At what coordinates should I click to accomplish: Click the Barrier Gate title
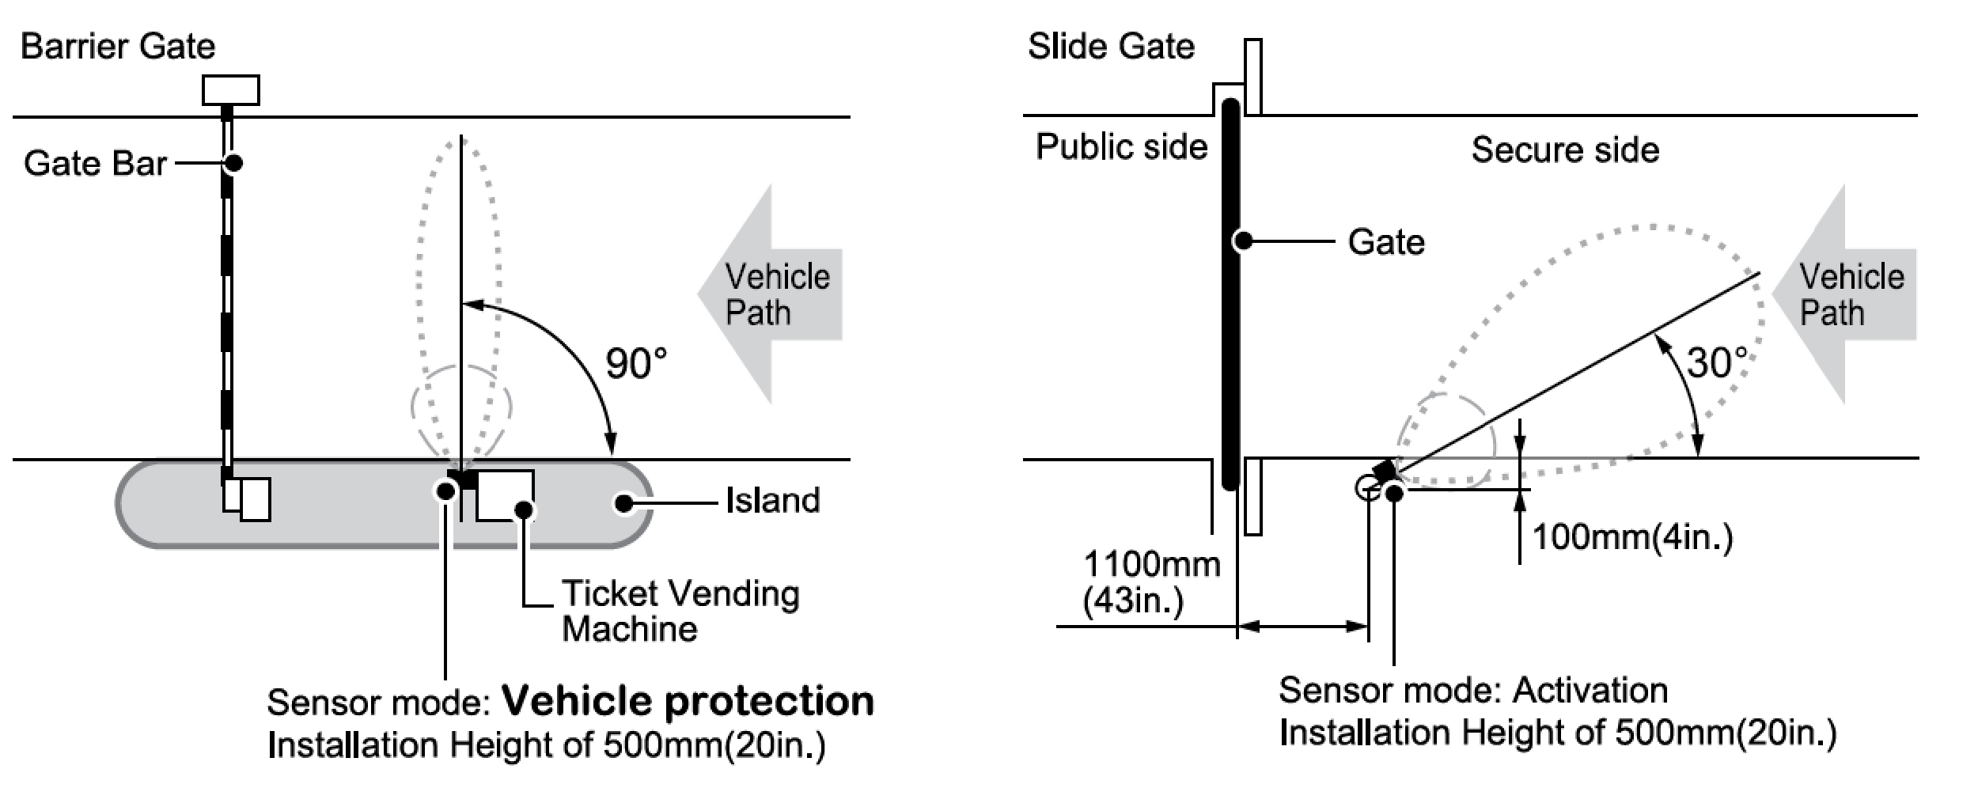[118, 46]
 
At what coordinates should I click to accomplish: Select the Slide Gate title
[1110, 46]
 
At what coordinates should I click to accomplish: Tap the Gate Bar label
[95, 163]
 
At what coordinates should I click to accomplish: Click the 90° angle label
[636, 364]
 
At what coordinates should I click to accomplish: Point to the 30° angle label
[1716, 362]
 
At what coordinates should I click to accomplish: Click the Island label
[772, 501]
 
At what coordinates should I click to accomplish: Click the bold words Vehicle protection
[688, 701]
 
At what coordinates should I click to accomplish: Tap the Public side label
[1121, 147]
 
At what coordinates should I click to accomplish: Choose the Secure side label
[1564, 150]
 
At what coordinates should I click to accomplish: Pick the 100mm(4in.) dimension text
[1632, 537]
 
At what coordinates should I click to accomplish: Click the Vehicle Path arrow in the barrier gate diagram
[771, 294]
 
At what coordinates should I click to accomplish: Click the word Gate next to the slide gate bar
[1385, 241]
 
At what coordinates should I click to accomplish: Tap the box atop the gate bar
[230, 90]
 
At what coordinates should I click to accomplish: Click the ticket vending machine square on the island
[505, 495]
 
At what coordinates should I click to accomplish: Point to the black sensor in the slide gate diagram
[1385, 471]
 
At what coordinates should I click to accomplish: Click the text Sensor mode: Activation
[1472, 690]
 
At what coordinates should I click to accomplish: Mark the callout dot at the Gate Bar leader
[233, 163]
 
